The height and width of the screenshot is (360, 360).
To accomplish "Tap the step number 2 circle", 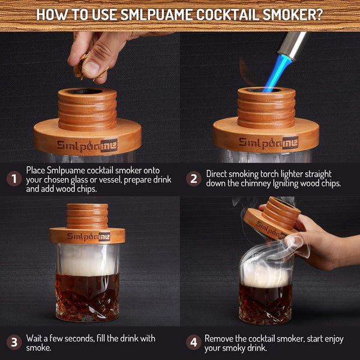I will coord(193,179).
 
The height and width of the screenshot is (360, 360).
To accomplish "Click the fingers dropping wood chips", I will coord(90,57).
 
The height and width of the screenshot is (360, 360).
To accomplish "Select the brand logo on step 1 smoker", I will coord(87,145).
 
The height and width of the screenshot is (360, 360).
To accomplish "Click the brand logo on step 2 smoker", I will coord(268,142).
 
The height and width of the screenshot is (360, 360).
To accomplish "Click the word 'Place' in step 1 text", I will coord(37,170).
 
